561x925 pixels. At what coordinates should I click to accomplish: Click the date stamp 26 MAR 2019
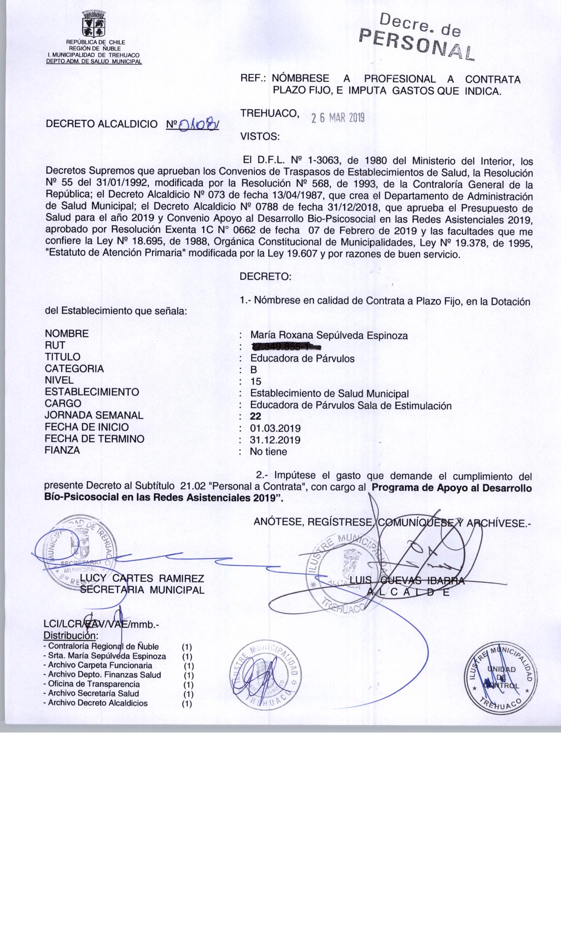point(338,118)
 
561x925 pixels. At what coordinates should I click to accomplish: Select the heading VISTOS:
point(260,137)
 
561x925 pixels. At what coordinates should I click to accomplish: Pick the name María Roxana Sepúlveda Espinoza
point(329,336)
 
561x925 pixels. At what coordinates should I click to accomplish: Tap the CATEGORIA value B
point(253,370)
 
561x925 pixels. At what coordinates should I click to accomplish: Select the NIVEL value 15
point(255,381)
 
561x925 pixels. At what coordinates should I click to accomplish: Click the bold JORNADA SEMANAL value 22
point(255,416)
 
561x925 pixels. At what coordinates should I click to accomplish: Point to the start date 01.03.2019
point(275,428)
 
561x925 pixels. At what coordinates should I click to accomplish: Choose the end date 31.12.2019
point(275,440)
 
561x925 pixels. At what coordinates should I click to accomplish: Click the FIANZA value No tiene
point(268,451)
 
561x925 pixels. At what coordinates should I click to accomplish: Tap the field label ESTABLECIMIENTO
point(92,392)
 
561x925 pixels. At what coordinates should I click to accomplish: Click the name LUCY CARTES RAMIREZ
point(142,579)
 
